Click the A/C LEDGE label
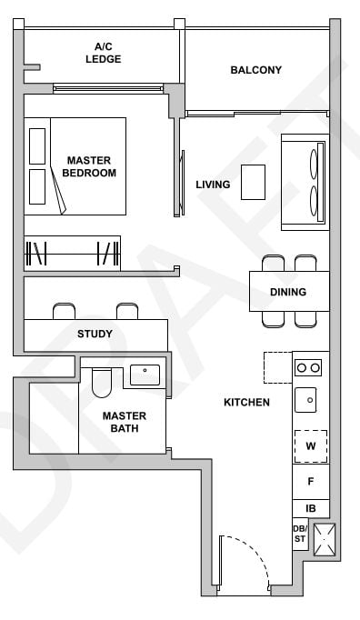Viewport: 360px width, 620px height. tap(103, 53)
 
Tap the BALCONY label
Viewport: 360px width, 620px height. tap(255, 70)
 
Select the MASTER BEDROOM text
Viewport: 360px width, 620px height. tap(91, 166)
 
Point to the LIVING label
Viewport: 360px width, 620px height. tap(213, 185)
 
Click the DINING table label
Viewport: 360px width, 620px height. tap(287, 292)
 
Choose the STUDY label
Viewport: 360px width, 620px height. tap(95, 334)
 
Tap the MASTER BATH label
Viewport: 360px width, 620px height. tap(125, 422)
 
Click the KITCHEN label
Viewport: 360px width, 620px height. tap(246, 402)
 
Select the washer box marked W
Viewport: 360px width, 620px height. tap(310, 446)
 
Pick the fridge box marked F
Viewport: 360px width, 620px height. tap(310, 482)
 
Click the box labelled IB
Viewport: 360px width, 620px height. tap(310, 508)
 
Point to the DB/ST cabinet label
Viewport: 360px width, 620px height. tap(300, 534)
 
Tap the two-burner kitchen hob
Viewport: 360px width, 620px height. tap(309, 367)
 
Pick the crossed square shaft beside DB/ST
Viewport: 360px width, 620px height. tap(324, 539)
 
